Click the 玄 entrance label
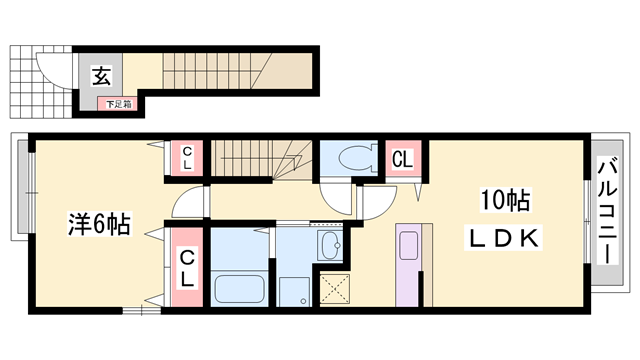(x=101, y=76)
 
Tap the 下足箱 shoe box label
(x=119, y=104)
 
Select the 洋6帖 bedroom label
(x=99, y=224)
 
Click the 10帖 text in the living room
(x=505, y=200)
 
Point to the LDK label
(x=504, y=238)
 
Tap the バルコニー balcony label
(x=608, y=211)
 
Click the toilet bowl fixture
(x=357, y=159)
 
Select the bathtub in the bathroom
(x=239, y=289)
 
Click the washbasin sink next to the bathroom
(x=331, y=245)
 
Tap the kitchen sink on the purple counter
(x=408, y=246)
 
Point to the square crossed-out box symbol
(x=335, y=289)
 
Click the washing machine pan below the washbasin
(x=294, y=291)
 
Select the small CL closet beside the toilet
(x=403, y=158)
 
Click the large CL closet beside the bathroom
(x=187, y=267)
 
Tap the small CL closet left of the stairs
(x=187, y=158)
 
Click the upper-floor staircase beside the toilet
(x=262, y=159)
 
